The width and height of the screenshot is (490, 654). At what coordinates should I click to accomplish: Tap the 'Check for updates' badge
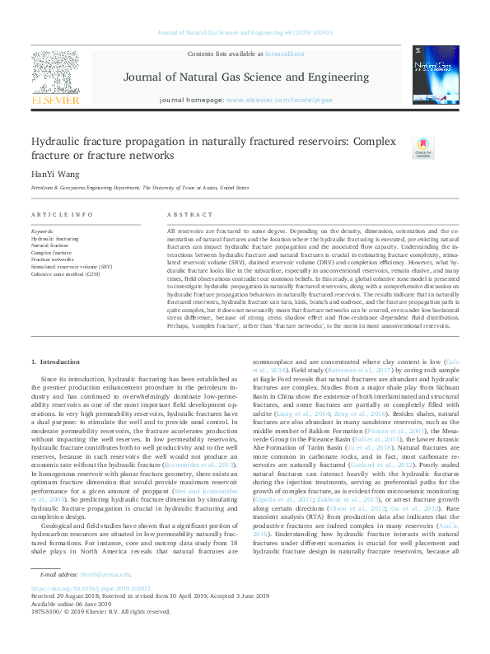tap(422, 147)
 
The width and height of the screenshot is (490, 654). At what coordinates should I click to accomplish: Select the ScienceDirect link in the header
tap(284, 54)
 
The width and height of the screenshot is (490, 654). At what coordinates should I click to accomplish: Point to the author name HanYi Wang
tap(53, 174)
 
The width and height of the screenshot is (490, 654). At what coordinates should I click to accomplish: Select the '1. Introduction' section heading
tap(54, 362)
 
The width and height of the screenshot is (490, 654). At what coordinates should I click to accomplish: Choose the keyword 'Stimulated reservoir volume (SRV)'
tap(72, 267)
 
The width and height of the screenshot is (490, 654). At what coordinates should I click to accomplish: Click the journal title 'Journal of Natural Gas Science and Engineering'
tap(246, 77)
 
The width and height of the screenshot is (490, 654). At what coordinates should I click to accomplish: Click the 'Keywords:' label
tap(42, 231)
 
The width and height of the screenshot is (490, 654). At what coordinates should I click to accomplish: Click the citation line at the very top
tap(245, 33)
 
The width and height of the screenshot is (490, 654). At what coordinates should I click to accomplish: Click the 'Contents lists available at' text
tap(225, 54)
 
